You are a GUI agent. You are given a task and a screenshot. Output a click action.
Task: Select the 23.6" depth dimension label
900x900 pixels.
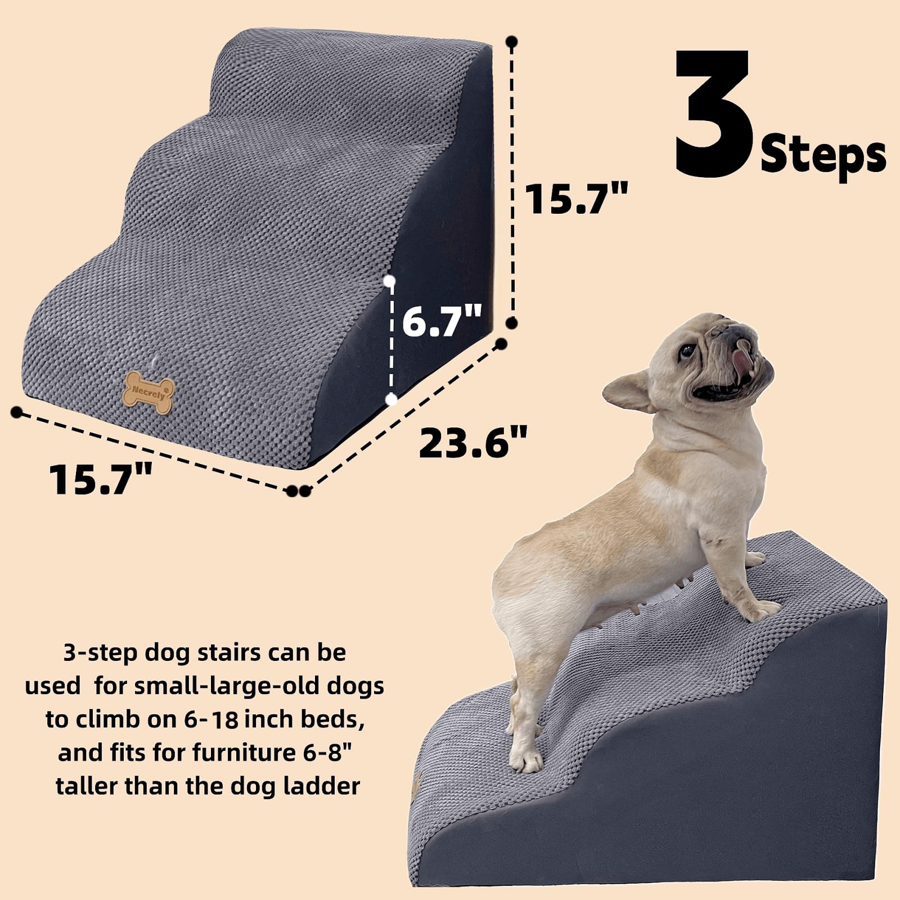[473, 443]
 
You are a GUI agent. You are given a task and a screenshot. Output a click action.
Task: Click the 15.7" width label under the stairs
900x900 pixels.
[101, 479]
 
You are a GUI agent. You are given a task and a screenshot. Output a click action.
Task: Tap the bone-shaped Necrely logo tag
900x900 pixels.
[148, 392]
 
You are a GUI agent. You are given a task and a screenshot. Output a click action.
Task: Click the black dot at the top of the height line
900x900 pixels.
[511, 42]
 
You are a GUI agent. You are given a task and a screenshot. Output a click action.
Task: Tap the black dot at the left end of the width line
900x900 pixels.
[17, 412]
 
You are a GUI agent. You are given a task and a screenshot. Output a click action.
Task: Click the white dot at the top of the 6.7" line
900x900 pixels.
[389, 280]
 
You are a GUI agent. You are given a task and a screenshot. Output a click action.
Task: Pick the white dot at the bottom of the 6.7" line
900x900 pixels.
[392, 399]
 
